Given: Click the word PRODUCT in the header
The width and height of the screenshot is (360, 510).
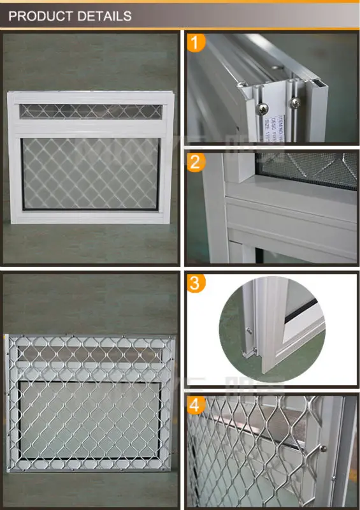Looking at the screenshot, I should point(41,15).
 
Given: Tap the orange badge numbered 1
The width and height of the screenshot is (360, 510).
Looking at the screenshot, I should point(198,43).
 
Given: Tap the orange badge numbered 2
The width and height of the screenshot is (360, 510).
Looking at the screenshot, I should point(198,163).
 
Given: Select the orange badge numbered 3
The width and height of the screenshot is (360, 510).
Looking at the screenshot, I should point(198,283).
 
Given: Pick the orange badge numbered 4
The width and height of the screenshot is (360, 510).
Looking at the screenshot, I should point(198,405).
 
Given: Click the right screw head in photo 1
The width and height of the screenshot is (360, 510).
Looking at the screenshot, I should point(294,101).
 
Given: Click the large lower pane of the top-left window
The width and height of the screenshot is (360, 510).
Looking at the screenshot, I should point(89,171).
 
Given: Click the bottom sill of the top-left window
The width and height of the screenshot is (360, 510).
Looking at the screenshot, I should point(89,218).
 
